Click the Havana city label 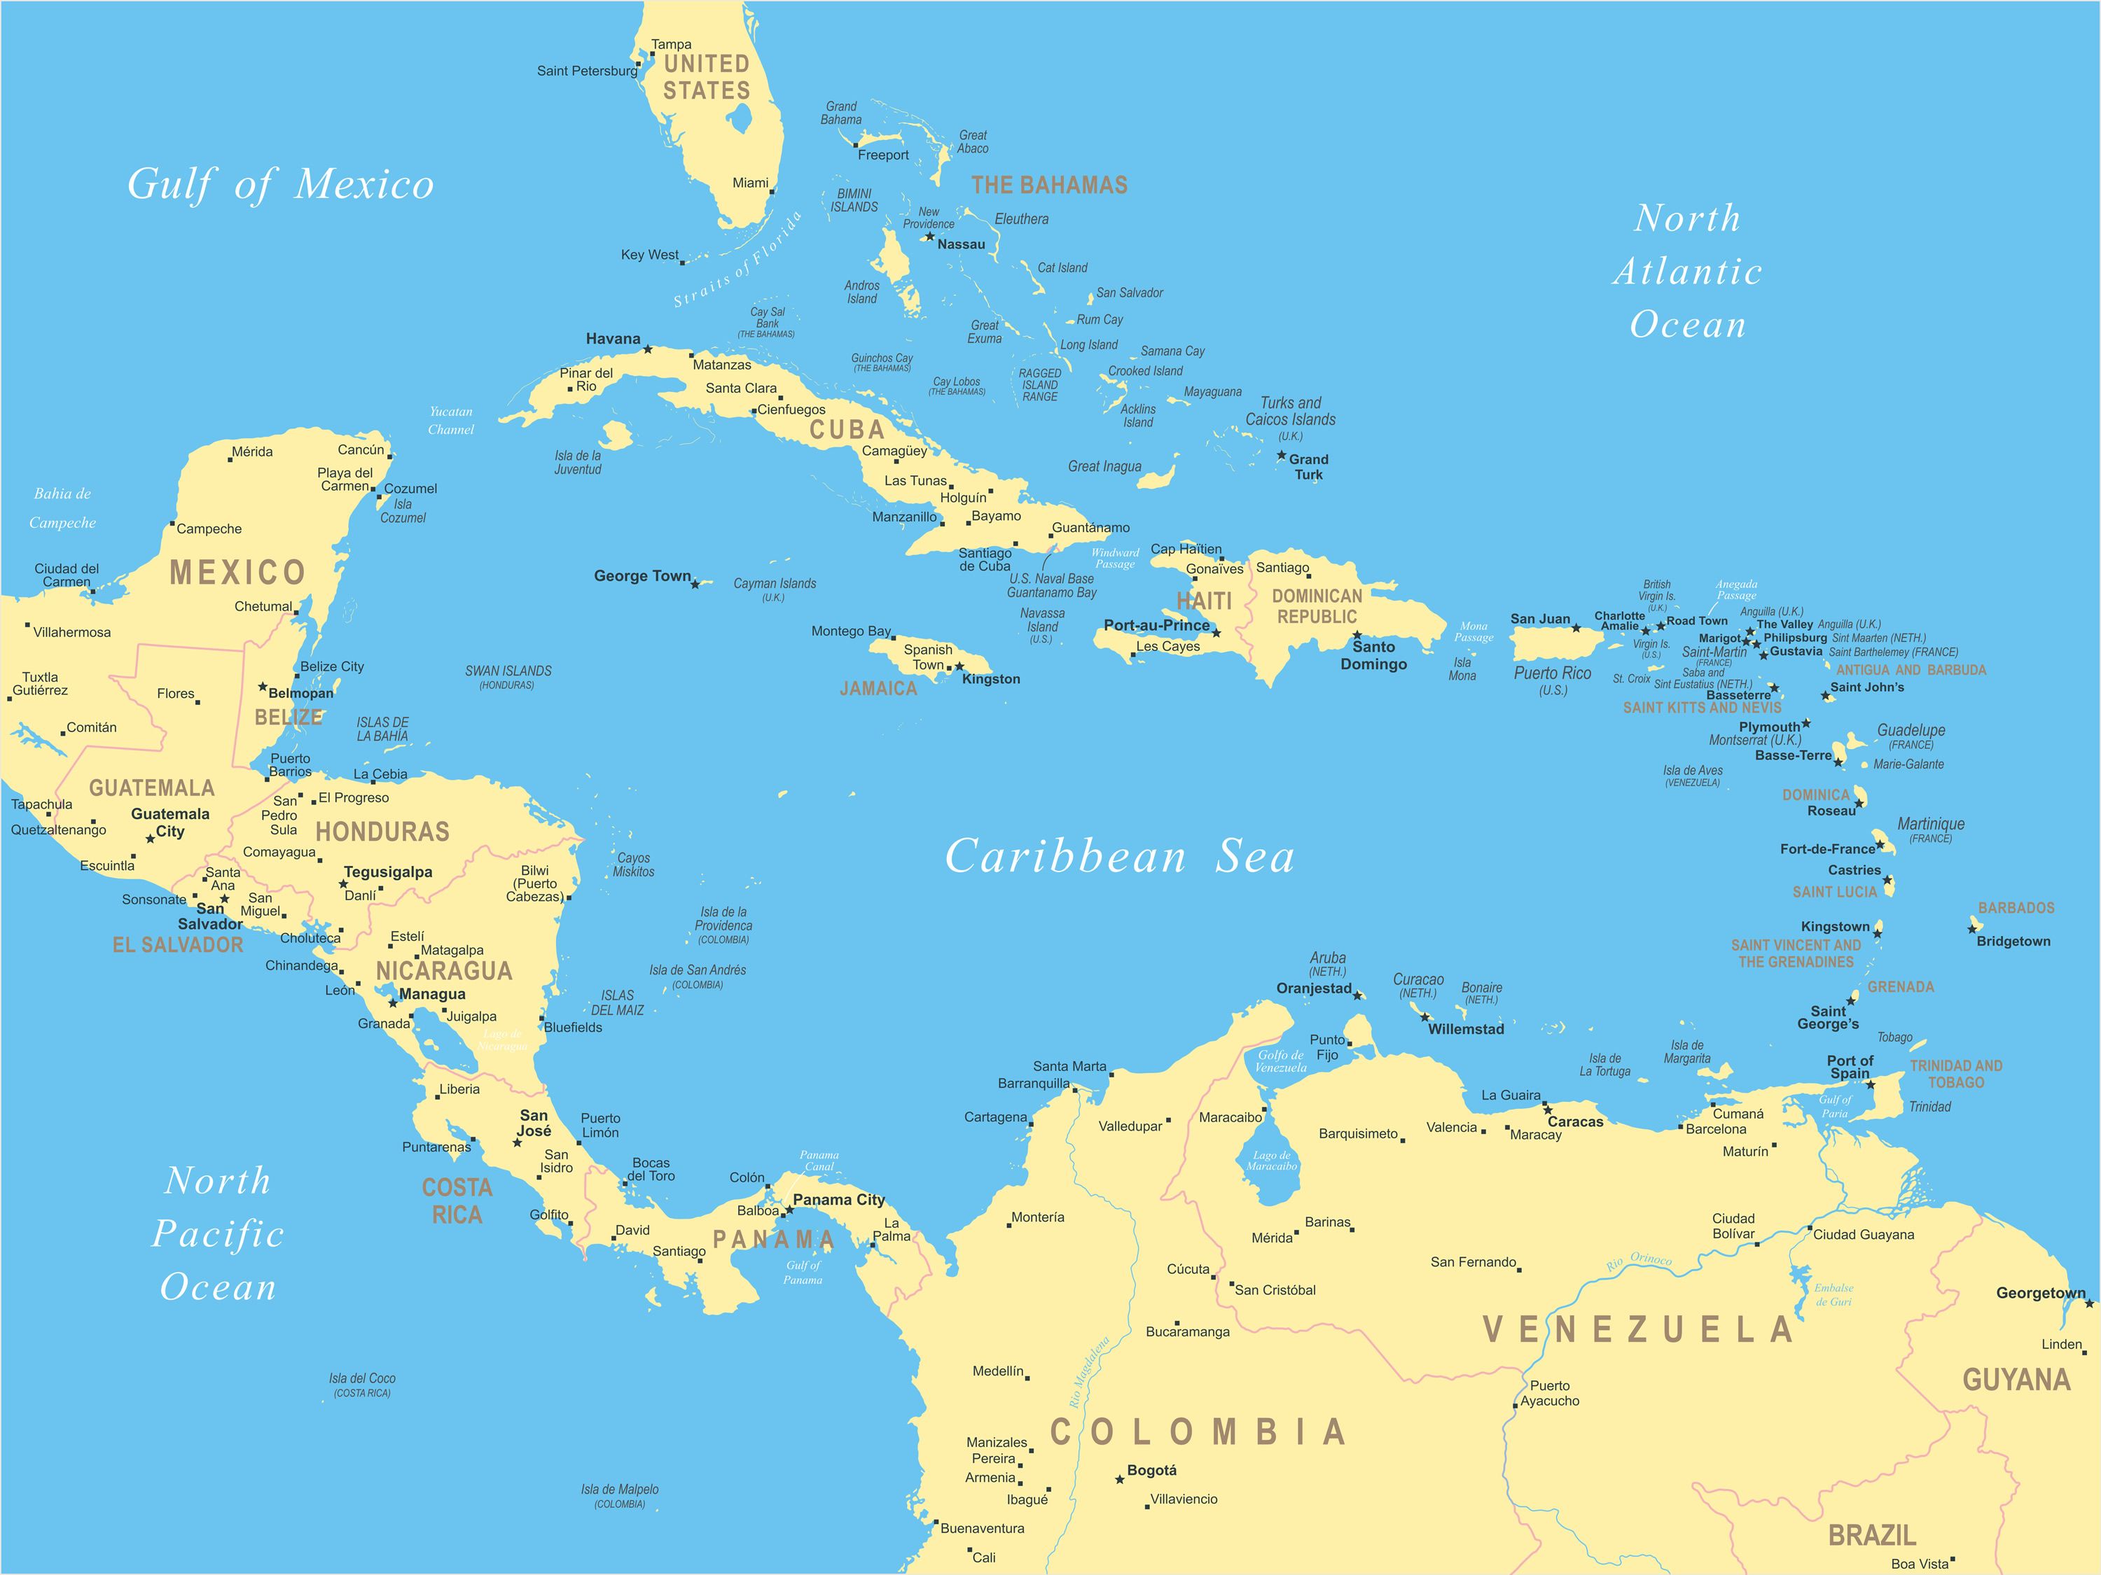coord(613,339)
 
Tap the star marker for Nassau coord(930,237)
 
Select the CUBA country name coord(846,430)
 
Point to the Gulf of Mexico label coord(280,184)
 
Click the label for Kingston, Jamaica coord(991,679)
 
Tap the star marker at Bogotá coord(1120,1479)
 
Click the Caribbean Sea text coord(1119,856)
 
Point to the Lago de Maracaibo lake coord(1271,1160)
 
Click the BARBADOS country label coord(2016,909)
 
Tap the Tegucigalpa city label coord(387,871)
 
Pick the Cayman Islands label coord(774,584)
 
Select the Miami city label coord(750,182)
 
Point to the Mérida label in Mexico coord(251,452)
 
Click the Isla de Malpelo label coord(619,1490)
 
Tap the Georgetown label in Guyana coord(2040,1293)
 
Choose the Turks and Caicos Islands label coord(1290,411)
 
